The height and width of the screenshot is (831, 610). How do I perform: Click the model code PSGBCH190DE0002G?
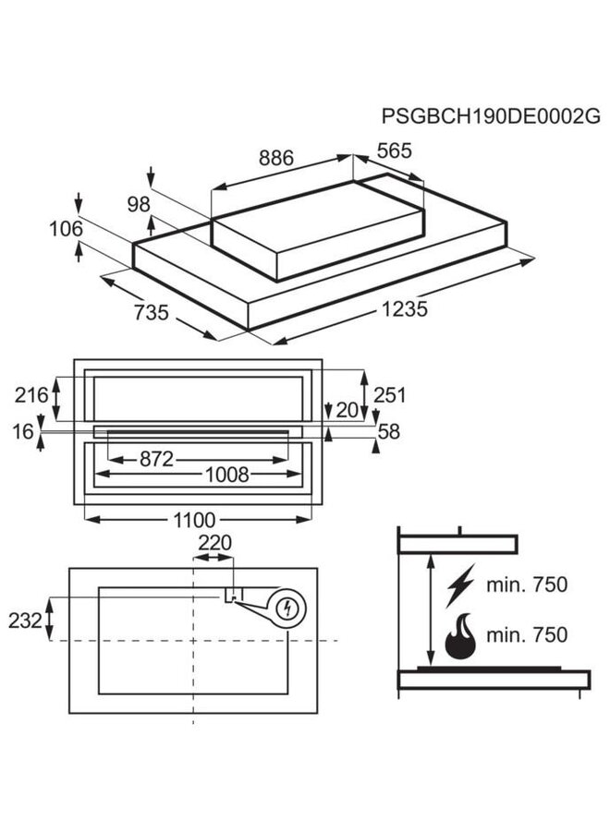[x=491, y=116]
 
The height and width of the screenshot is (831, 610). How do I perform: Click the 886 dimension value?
[x=274, y=158]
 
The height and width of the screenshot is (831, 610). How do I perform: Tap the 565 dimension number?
[x=393, y=151]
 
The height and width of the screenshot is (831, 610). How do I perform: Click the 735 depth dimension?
[x=150, y=312]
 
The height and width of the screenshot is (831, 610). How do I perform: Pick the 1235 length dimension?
[x=403, y=309]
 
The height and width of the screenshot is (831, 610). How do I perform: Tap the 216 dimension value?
[x=31, y=395]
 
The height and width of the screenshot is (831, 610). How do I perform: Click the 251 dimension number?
[x=389, y=395]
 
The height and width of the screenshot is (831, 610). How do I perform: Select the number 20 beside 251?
[x=347, y=410]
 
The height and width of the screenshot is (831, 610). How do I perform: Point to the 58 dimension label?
[x=389, y=431]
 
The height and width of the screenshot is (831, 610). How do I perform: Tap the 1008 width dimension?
[x=226, y=475]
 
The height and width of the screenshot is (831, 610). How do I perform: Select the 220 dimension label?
[x=214, y=543]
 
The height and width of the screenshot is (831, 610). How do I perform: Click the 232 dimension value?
[x=26, y=620]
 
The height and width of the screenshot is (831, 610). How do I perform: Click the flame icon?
[x=462, y=637]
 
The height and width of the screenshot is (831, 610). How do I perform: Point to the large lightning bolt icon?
[x=459, y=584]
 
